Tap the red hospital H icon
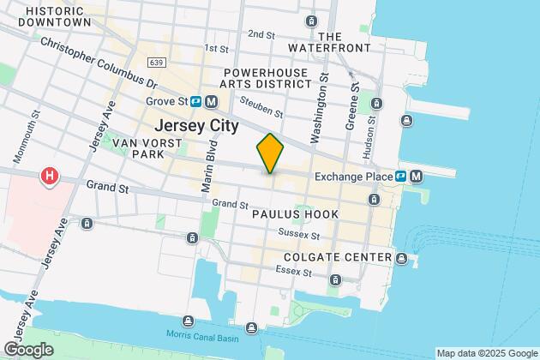click(51, 177)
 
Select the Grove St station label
click(165, 101)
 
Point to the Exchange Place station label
click(354, 177)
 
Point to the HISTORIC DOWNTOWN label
click(46, 15)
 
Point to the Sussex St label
click(302, 235)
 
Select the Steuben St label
click(262, 107)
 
